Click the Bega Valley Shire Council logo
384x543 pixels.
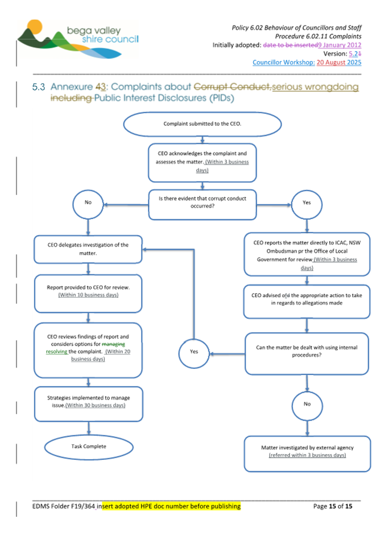(x=78, y=39)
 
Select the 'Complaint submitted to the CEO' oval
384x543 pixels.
(x=202, y=124)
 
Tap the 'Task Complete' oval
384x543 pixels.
(x=89, y=447)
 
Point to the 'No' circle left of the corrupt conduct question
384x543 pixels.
(x=88, y=204)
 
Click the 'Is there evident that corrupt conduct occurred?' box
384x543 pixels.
(x=202, y=204)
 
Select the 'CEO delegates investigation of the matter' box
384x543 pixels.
(x=88, y=249)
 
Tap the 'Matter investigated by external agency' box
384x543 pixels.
(x=307, y=454)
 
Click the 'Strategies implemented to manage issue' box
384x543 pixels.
(x=89, y=404)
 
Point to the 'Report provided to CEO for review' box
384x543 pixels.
(x=88, y=294)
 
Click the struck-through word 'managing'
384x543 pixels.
(x=114, y=344)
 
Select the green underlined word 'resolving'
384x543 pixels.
(x=56, y=352)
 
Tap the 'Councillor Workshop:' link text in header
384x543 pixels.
(x=283, y=63)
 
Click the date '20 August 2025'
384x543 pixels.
(x=339, y=63)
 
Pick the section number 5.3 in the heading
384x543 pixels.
(x=39, y=87)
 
